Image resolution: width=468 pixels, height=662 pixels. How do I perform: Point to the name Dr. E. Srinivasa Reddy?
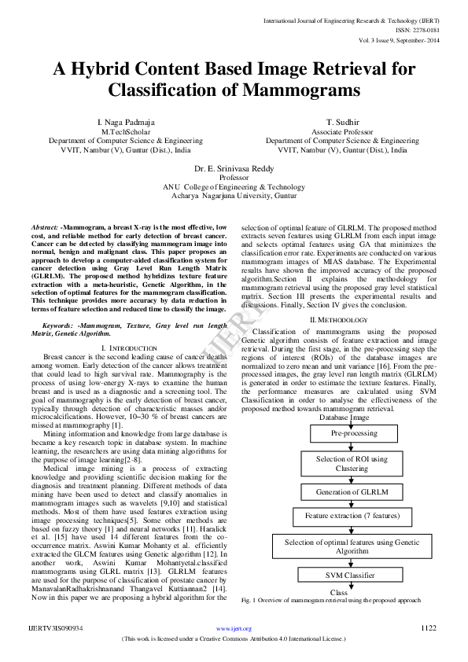(234, 169)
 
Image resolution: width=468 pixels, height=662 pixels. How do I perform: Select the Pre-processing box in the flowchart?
(353, 433)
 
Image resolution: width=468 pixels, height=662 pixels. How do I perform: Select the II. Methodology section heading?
(339, 320)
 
